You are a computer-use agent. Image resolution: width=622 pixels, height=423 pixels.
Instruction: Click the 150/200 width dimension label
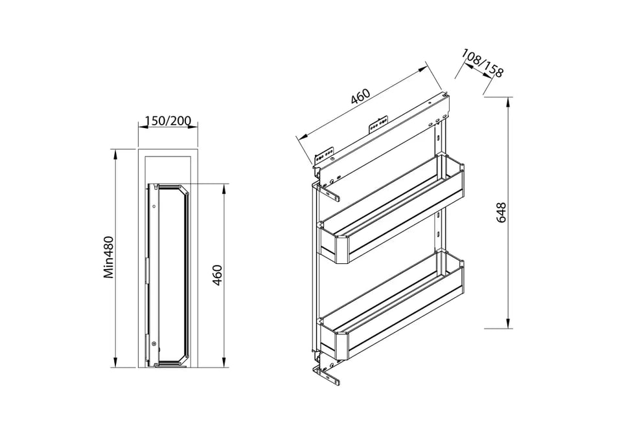(168, 120)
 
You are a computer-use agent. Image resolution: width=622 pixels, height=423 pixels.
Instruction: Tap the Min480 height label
(109, 257)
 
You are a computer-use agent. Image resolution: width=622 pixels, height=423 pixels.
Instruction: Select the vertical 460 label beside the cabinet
(218, 275)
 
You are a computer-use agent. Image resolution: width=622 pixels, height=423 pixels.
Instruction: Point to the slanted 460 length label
(361, 96)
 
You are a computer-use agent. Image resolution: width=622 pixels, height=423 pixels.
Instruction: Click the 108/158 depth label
(482, 63)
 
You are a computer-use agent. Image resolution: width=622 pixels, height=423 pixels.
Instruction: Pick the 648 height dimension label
(501, 212)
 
